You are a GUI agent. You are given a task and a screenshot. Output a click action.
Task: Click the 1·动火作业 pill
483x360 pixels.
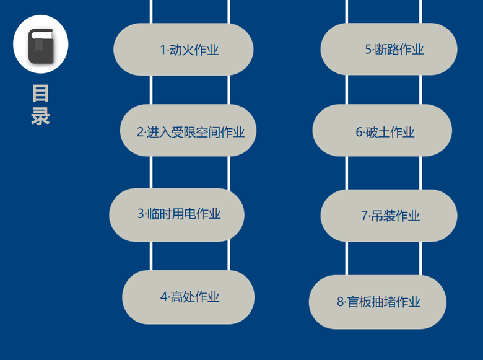[x=183, y=50]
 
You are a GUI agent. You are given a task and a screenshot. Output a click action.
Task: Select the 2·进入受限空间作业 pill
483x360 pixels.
[x=188, y=130]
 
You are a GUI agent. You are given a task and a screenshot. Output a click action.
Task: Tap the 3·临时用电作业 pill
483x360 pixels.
[x=177, y=215]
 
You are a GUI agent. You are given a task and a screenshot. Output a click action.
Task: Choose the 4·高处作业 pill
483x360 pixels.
[x=188, y=297]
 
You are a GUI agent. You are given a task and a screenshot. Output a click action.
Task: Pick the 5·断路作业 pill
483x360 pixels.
[x=389, y=49]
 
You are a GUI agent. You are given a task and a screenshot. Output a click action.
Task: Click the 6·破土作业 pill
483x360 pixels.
[x=382, y=130]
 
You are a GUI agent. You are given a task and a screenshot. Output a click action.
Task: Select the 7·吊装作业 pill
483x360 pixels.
[x=389, y=216]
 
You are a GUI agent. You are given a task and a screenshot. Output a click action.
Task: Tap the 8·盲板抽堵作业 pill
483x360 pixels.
[x=378, y=302]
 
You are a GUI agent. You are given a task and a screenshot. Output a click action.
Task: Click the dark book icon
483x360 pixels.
[x=41, y=46]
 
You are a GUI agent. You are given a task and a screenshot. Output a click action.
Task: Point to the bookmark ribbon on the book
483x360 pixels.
[x=38, y=45]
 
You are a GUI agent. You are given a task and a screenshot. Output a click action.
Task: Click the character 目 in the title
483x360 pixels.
[x=41, y=94]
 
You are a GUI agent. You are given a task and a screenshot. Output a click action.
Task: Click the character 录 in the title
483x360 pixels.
[x=41, y=116]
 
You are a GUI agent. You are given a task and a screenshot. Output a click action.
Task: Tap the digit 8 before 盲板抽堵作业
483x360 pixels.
[x=340, y=302]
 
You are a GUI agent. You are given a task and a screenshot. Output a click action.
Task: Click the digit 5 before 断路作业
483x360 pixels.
[x=368, y=50]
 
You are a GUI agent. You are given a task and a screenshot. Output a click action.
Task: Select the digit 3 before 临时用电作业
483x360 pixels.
[x=141, y=214]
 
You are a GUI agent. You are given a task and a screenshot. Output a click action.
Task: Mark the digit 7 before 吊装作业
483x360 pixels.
[x=364, y=216]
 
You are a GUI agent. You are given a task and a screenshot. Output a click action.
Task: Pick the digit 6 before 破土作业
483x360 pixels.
[x=359, y=132]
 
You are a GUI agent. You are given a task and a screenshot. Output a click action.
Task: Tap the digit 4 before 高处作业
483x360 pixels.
[x=164, y=297]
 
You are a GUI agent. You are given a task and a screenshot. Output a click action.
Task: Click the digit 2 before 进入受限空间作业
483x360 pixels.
[x=140, y=132]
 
